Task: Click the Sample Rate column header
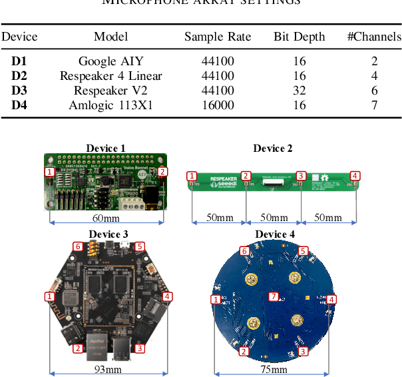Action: pos(218,37)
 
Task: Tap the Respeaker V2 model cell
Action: pos(110,91)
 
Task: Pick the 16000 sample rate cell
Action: pos(218,105)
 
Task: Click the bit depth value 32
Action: pos(300,91)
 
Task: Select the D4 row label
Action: pos(19,105)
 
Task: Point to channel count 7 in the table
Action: pos(374,105)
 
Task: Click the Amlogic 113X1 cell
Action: pos(110,105)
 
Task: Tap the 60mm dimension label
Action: pos(106,218)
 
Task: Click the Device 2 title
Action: pos(273,149)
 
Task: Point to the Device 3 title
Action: pos(108,234)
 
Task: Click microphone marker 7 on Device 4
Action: pos(273,296)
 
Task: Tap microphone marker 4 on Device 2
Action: pos(355,176)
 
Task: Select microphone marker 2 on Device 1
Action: pos(162,172)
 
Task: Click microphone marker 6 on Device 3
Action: pos(77,246)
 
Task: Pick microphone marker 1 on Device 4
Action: pos(216,300)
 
